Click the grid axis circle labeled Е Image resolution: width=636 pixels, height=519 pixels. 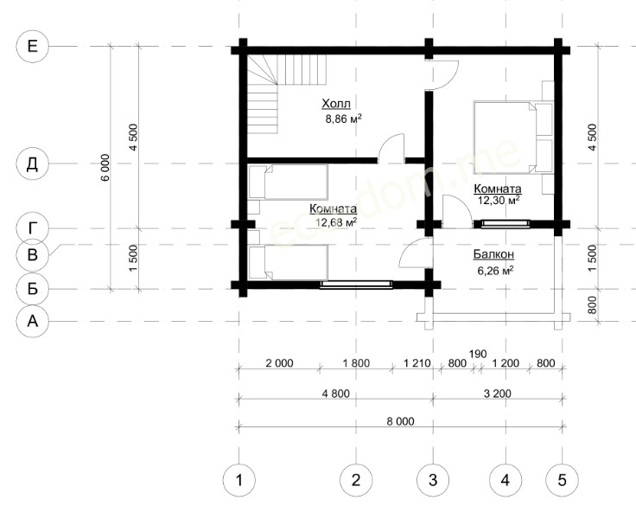click(33, 47)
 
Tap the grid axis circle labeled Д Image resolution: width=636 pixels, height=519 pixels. click(33, 164)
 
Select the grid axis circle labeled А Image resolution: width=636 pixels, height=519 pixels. click(33, 321)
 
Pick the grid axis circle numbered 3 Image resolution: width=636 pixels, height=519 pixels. click(433, 480)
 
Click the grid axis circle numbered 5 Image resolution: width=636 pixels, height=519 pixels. click(563, 480)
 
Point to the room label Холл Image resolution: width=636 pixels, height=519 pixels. click(336, 104)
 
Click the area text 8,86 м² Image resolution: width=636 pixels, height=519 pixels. click(343, 119)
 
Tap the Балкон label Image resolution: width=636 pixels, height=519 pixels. click(493, 254)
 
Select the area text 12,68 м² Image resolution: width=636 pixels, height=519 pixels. click(336, 221)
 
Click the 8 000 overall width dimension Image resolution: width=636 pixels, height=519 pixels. click(400, 421)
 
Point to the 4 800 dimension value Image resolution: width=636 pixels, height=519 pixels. click(335, 394)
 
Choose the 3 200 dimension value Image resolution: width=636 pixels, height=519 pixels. click(498, 394)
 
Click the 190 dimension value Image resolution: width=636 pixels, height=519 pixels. click(477, 354)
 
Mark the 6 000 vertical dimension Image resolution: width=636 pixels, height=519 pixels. click(105, 167)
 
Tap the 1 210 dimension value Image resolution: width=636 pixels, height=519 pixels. click(417, 362)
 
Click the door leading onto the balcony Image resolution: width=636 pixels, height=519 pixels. click(417, 253)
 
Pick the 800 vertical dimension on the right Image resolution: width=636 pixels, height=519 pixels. click(592, 305)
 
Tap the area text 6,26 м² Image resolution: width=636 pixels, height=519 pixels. click(495, 271)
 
